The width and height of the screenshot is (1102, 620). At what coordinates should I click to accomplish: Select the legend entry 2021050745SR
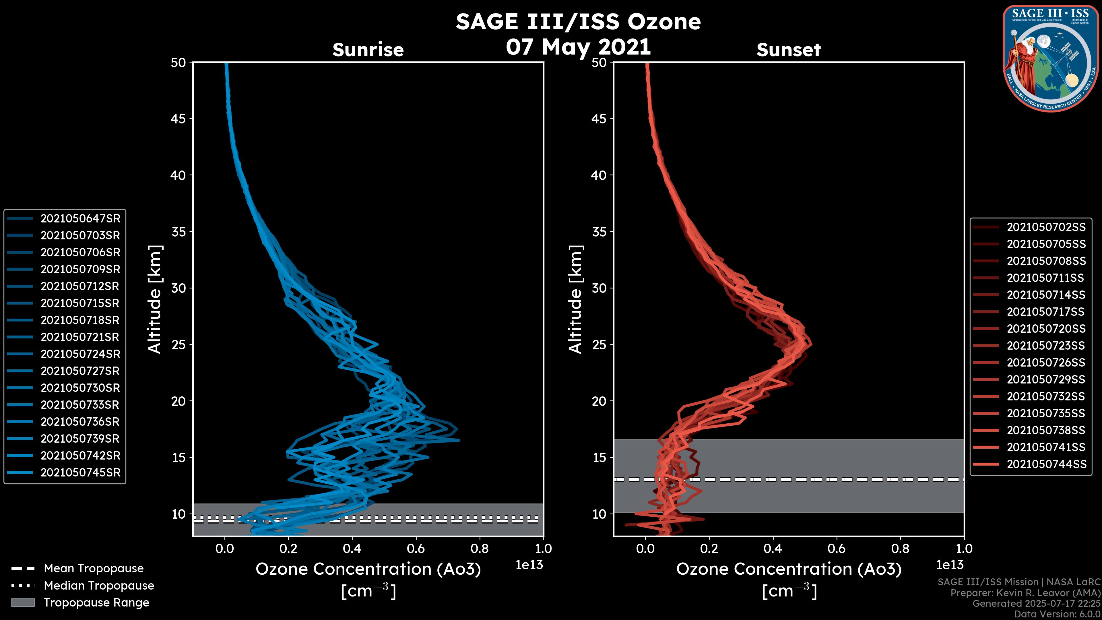(80, 473)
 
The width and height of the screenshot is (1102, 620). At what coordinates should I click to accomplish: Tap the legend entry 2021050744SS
(1046, 464)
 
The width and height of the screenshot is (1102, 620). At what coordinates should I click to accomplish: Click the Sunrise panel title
(368, 50)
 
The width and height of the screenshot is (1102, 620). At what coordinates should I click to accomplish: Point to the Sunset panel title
(788, 50)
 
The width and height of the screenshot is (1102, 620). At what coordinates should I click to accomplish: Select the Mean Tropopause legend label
(94, 569)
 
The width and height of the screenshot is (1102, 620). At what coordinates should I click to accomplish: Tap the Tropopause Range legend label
(96, 603)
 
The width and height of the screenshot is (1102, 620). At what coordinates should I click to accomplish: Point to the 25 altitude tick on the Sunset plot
(599, 345)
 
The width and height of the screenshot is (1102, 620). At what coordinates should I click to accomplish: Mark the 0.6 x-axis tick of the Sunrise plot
(416, 549)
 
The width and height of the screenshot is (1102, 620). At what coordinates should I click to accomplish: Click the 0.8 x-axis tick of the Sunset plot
(900, 549)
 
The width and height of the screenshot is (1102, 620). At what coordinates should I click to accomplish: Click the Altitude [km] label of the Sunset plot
(575, 299)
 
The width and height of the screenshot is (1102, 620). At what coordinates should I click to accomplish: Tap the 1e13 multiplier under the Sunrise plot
(529, 565)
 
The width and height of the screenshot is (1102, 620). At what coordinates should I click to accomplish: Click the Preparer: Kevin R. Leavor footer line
(1025, 593)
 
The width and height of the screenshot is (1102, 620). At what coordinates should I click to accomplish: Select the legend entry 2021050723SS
(1046, 346)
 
